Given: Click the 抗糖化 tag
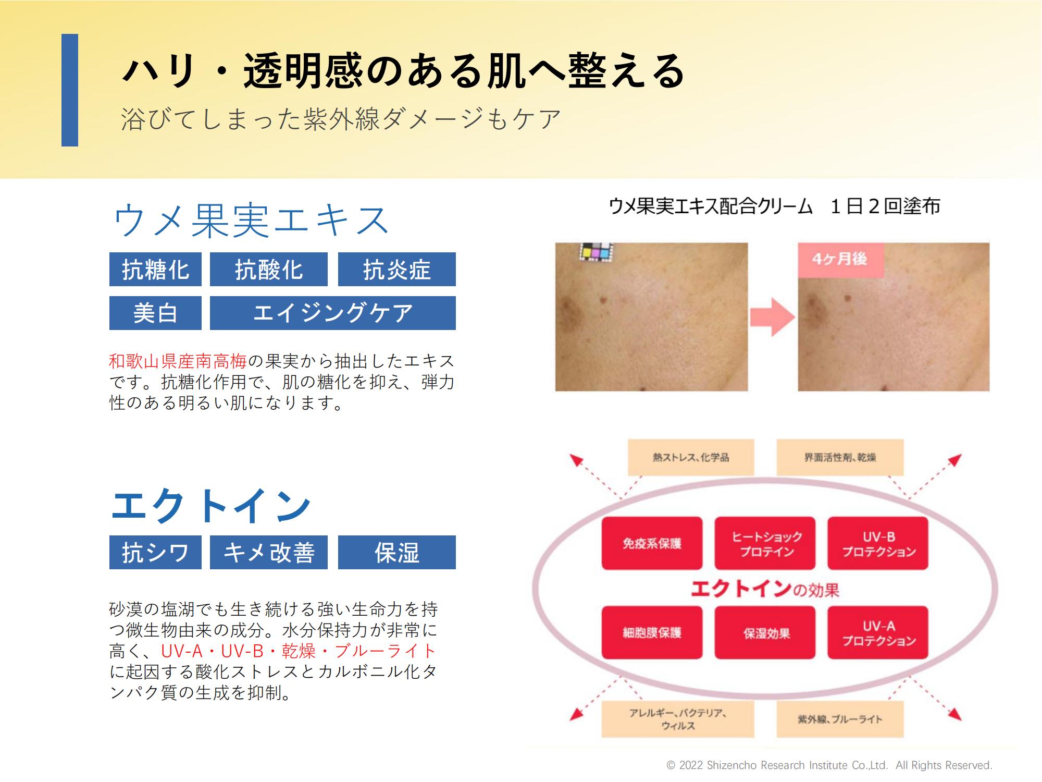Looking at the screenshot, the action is [155, 269].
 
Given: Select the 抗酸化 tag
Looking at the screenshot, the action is [269, 269].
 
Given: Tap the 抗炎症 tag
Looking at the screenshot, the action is [397, 269].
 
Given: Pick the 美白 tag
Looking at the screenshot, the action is [155, 313].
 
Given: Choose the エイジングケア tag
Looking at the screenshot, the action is [333, 313].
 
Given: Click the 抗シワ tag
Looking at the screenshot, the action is [155, 552].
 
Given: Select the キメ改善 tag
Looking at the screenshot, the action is [269, 552].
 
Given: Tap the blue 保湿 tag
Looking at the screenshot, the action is [397, 552].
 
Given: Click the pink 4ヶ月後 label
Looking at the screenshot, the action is [840, 259].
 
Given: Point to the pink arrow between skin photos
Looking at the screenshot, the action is [773, 317].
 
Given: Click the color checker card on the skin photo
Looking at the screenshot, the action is [597, 252].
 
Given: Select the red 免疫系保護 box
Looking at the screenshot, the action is [652, 543].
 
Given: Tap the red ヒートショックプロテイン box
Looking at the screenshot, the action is [765, 543].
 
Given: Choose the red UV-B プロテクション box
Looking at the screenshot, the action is [878, 543].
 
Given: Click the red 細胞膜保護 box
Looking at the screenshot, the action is [652, 632].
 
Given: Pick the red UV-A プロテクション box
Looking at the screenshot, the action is [878, 632].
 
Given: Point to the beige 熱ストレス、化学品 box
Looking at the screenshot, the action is [691, 457].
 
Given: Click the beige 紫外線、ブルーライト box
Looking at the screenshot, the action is [840, 719].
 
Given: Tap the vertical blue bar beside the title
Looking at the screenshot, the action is [70, 90].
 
